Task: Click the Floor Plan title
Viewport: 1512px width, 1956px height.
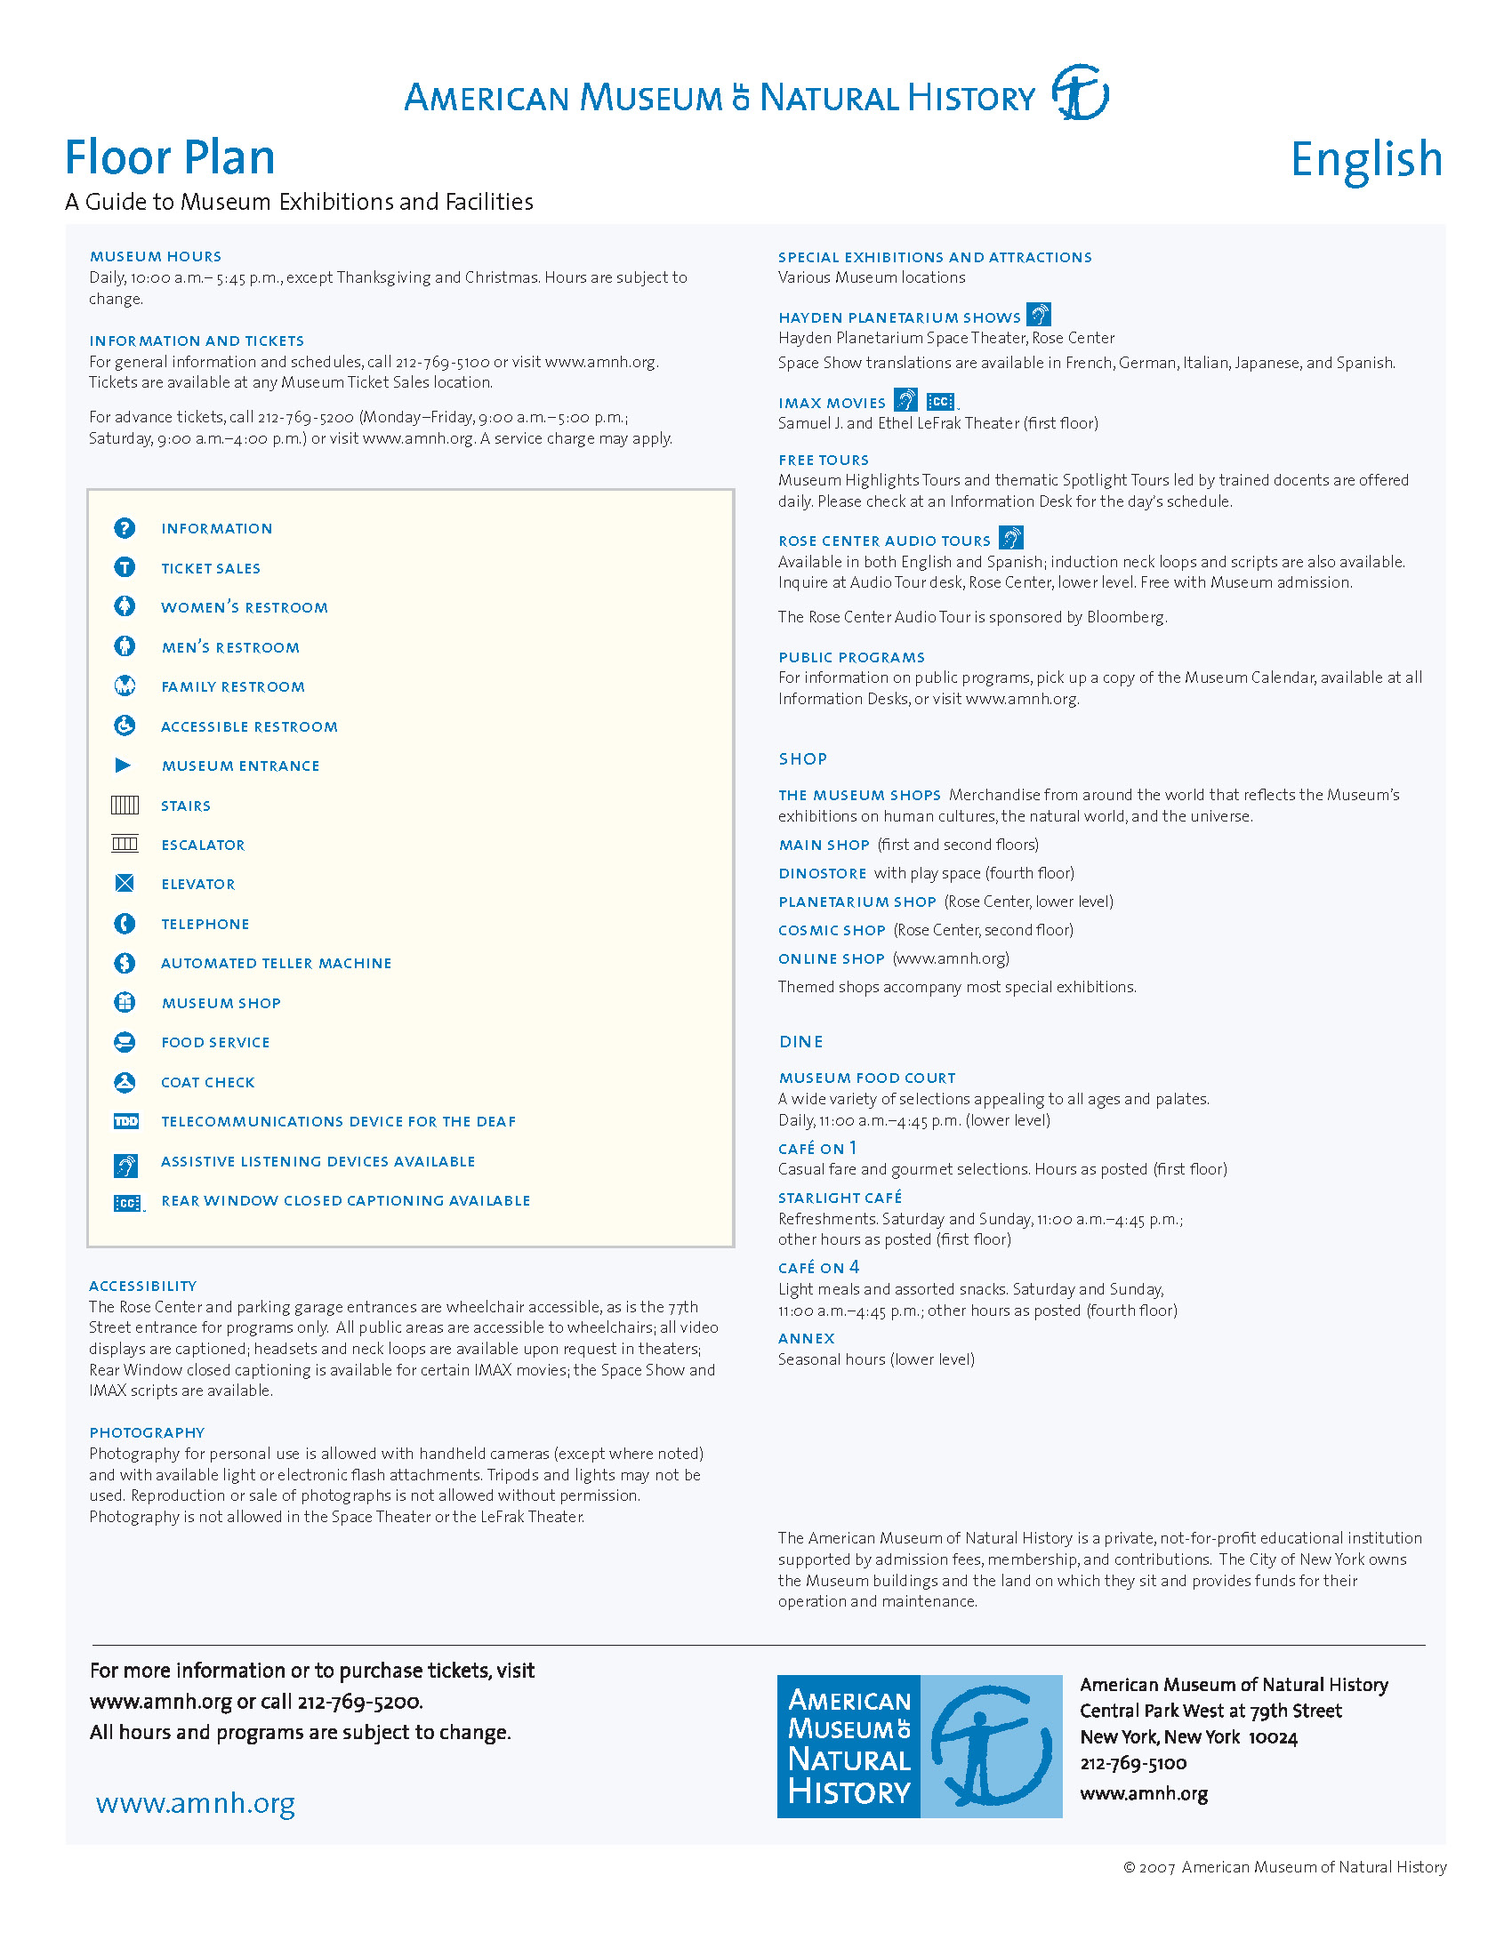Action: tap(169, 157)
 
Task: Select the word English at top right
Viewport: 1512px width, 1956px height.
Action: tap(1366, 160)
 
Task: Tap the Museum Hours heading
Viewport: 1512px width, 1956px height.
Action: tap(155, 257)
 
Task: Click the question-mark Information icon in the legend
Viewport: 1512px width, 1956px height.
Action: tap(125, 528)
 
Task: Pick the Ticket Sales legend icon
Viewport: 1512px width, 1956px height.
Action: tap(125, 568)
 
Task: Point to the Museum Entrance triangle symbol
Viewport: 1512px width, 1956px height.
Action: tap(124, 766)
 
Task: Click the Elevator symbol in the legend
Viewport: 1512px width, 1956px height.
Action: tap(125, 884)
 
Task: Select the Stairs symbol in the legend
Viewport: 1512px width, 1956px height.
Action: tap(125, 806)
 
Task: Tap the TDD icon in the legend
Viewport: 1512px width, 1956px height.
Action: tap(126, 1121)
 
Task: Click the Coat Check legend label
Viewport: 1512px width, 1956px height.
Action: tap(208, 1083)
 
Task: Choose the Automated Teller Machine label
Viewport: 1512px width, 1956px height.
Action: tap(276, 964)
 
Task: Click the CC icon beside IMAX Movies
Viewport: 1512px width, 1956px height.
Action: tap(939, 402)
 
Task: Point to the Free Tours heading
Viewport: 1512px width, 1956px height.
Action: tap(824, 461)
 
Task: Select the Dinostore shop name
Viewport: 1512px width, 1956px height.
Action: tap(823, 873)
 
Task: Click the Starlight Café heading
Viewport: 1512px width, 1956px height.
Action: tap(840, 1198)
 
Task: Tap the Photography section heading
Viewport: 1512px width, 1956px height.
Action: tap(147, 1433)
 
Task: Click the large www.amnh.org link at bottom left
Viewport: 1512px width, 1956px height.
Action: tap(196, 1803)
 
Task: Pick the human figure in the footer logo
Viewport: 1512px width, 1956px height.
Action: tap(991, 1746)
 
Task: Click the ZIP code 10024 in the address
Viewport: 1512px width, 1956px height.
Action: tap(1273, 1737)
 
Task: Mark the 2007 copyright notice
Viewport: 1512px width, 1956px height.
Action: tap(1284, 1867)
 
